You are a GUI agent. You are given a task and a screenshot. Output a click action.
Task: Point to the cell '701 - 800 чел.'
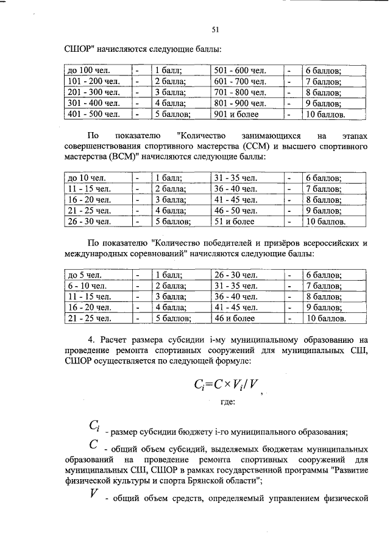pos(240,93)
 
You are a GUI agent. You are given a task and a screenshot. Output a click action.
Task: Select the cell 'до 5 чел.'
pos(81,275)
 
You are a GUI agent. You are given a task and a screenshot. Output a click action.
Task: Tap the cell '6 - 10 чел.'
pos(83,286)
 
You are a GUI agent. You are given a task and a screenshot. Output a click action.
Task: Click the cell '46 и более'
pos(233,318)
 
